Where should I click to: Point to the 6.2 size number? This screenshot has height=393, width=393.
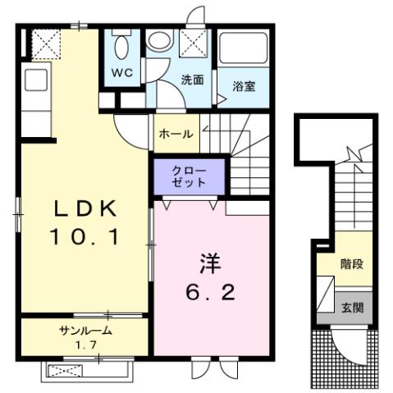point(210,292)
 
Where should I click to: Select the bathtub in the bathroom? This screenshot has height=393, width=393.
point(244,51)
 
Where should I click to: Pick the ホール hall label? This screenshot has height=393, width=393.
point(176,134)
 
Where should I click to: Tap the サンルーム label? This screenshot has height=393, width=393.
point(85,331)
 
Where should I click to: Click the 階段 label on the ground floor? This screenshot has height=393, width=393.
point(352,265)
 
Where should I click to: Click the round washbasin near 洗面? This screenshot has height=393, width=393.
point(157,41)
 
